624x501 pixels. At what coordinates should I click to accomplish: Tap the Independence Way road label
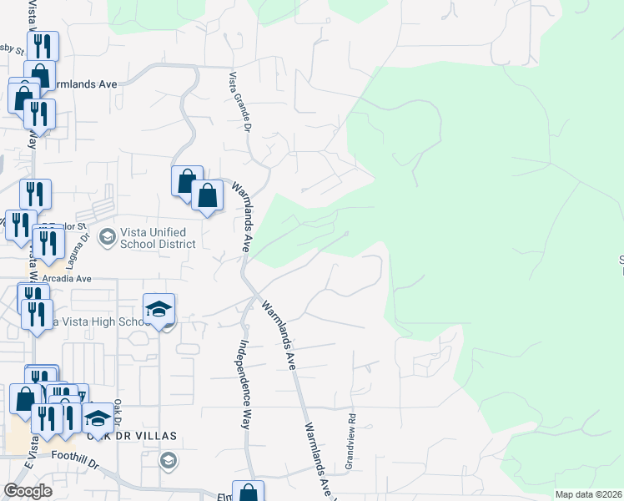tap(244, 383)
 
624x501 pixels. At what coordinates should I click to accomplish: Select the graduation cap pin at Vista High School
tap(159, 311)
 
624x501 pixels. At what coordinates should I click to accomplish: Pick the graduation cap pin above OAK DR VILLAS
tap(98, 418)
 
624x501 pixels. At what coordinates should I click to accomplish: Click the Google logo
tap(28, 491)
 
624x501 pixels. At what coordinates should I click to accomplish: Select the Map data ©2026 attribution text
tap(588, 494)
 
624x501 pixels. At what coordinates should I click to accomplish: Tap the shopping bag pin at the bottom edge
tap(248, 493)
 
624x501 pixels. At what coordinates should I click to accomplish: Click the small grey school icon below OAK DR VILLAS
tap(169, 460)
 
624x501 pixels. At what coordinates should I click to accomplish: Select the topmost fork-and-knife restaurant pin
tap(41, 47)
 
